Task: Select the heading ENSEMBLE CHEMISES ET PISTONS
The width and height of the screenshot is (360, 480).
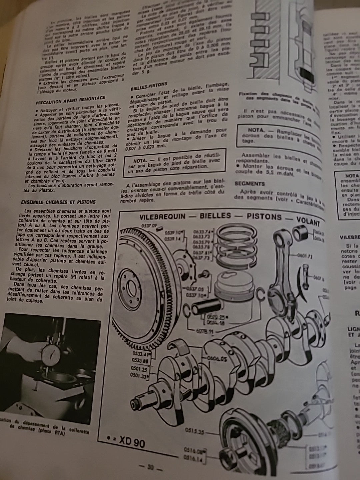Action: click(58, 202)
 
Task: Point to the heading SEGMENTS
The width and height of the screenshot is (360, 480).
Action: click(250, 183)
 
